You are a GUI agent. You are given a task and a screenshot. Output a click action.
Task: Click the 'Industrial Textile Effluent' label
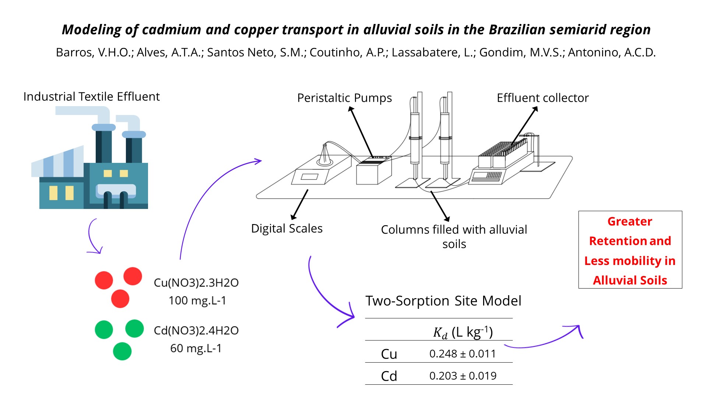click(91, 97)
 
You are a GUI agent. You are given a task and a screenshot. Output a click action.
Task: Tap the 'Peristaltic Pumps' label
click(344, 98)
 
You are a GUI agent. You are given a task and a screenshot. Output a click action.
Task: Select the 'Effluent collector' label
click(542, 98)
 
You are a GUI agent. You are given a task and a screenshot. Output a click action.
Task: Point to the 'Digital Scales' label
click(286, 228)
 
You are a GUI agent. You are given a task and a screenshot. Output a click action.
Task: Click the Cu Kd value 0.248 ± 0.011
click(462, 354)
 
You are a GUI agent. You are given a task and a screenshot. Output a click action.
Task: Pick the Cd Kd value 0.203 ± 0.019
click(462, 376)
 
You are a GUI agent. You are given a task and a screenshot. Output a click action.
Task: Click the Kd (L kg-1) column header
click(462, 332)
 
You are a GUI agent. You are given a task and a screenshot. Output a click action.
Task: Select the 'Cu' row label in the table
click(389, 354)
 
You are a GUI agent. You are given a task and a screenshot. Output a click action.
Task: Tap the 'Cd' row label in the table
click(389, 376)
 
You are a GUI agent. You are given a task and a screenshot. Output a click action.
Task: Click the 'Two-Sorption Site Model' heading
click(443, 301)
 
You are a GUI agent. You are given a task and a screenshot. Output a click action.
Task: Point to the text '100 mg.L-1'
click(197, 301)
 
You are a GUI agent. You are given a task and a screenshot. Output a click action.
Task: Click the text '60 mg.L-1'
click(196, 348)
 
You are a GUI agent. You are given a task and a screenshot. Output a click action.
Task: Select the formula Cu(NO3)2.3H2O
click(196, 283)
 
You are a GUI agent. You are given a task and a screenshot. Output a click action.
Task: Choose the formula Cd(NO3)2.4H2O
click(196, 331)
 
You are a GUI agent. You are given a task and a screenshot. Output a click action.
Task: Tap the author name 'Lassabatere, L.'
click(433, 52)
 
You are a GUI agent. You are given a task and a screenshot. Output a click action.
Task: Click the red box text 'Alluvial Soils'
click(630, 280)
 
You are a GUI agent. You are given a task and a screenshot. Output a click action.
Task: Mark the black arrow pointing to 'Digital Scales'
click(300, 204)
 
